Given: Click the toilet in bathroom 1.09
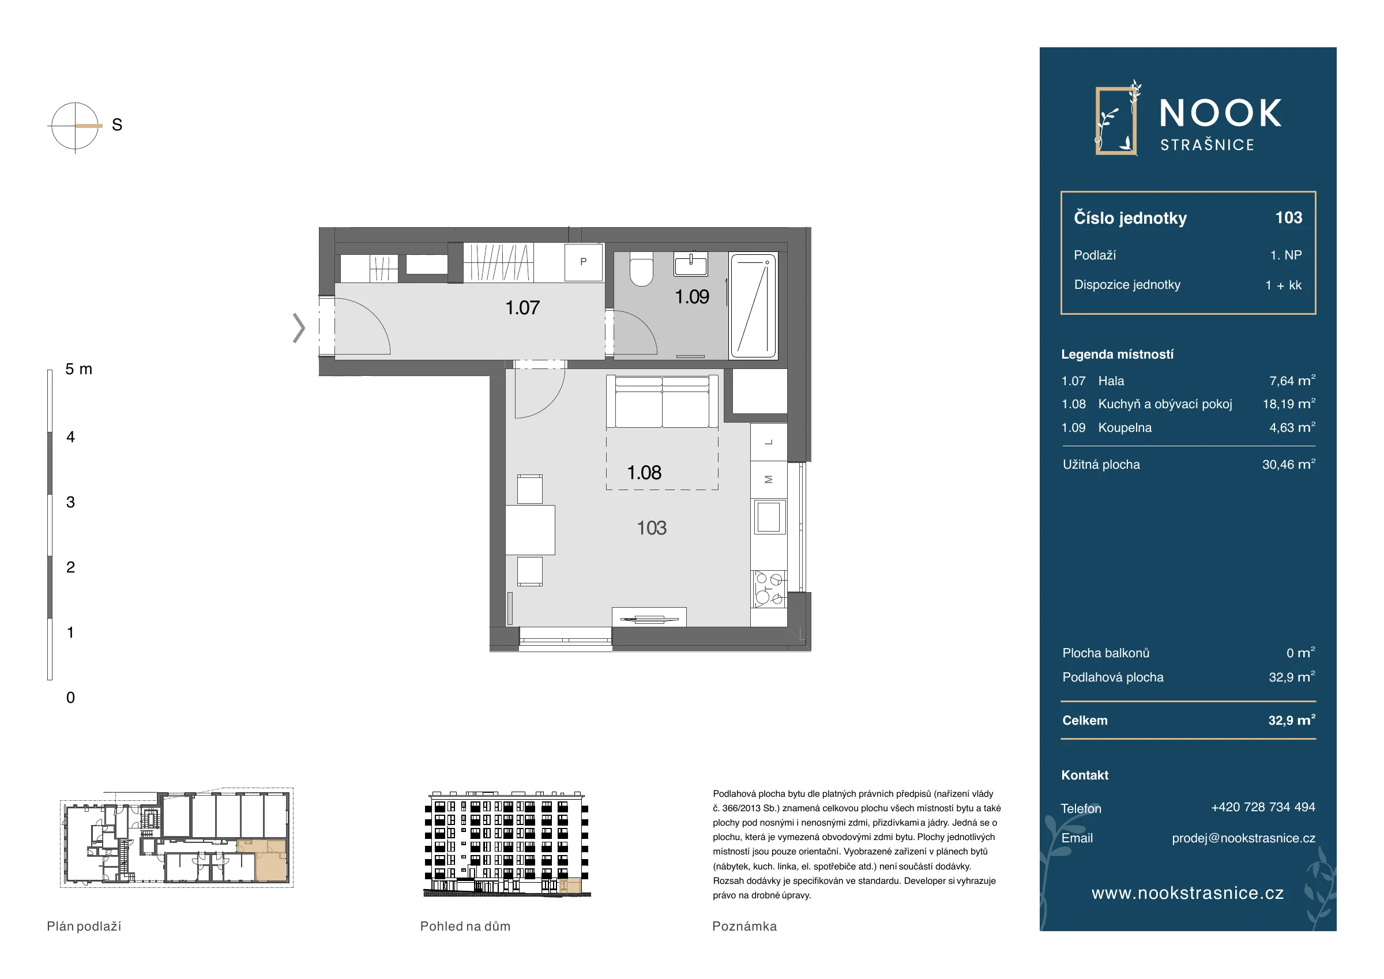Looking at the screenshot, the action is [641, 269].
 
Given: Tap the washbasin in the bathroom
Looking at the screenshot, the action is [691, 264].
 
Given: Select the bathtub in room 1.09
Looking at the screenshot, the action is [754, 306].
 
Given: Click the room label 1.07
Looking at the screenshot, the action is [522, 308].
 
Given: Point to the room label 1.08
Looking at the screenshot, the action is [644, 473].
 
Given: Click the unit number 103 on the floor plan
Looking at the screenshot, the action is [652, 528].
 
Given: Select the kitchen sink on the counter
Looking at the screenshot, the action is [769, 517].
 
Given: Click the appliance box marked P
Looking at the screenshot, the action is [584, 262].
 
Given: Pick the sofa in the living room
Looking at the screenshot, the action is [662, 401].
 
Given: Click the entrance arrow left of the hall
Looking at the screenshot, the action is [299, 328].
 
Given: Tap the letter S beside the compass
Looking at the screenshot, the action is [117, 125].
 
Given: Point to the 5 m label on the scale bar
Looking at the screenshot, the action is [79, 369].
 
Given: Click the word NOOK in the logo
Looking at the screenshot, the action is [1221, 114].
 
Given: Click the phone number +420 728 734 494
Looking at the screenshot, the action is [1263, 807].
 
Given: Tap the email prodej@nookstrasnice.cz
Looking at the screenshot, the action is [1243, 838].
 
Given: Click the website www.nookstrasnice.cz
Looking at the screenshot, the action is [1187, 893].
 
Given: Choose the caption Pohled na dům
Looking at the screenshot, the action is [465, 927].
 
